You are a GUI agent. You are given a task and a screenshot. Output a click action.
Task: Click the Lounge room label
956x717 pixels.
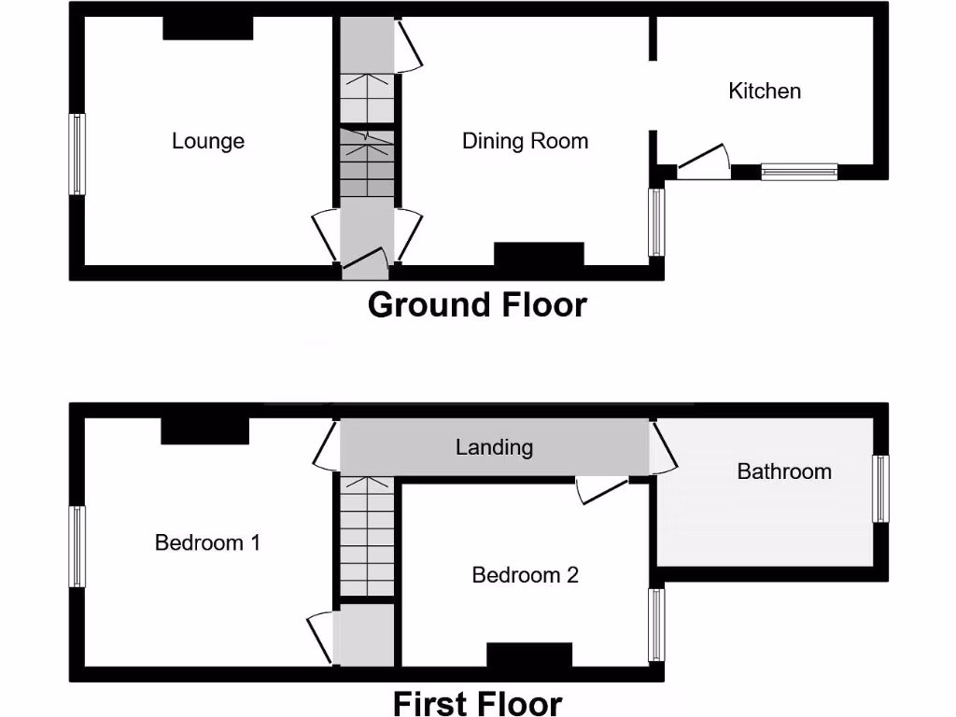[x=208, y=141]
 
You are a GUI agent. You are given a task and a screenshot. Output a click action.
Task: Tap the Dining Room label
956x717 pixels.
[x=525, y=141]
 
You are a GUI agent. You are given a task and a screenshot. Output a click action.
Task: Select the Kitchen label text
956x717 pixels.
[x=765, y=91]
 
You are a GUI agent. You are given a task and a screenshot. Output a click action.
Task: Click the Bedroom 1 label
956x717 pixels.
[x=207, y=542]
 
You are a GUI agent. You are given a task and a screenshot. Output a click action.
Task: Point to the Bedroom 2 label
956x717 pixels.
[x=525, y=575]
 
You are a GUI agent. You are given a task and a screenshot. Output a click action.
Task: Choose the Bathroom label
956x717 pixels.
[x=784, y=471]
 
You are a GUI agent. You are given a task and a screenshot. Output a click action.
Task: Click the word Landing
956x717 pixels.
[x=494, y=447]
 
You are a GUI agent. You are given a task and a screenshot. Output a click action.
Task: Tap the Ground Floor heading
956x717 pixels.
[x=477, y=305]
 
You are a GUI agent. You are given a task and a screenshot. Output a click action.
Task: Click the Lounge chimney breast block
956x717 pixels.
[x=208, y=28]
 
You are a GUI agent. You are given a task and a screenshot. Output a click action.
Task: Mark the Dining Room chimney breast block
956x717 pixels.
[x=539, y=254]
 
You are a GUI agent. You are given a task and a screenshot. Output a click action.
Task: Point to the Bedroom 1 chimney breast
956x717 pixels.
[x=205, y=430]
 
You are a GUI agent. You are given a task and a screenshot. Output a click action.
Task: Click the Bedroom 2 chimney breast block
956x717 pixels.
[x=529, y=654]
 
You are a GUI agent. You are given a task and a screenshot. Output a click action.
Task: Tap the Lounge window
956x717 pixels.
[x=77, y=154]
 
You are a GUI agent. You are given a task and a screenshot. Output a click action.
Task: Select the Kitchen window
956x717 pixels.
[x=799, y=171]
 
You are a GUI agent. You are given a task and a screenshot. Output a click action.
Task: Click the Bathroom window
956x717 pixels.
[x=879, y=488]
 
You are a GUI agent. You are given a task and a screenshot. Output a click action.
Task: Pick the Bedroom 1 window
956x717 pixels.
[x=77, y=546]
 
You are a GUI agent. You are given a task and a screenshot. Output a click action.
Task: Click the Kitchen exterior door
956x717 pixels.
[x=702, y=162]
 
